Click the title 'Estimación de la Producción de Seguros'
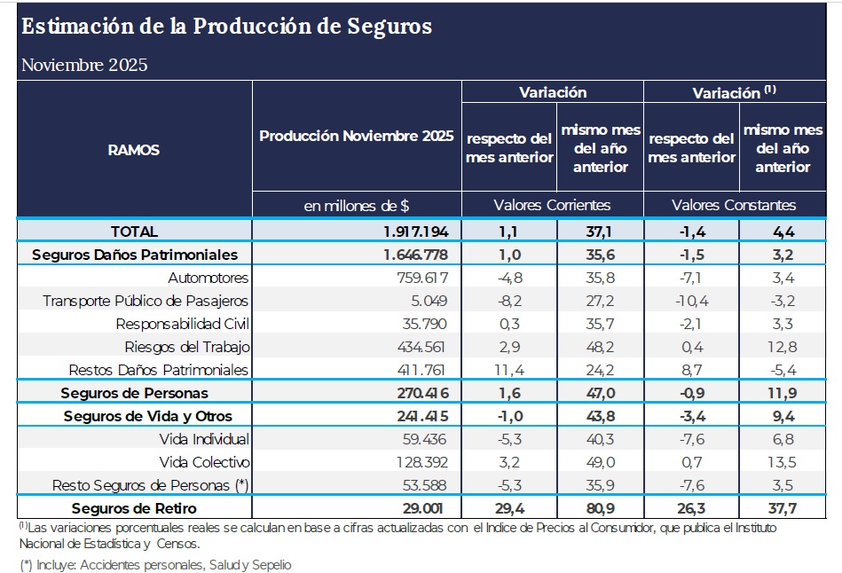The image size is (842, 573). tap(226, 27)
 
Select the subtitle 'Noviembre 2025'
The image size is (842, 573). tap(84, 65)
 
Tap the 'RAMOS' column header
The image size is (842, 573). tap(134, 150)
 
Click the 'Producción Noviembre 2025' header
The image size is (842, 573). tap(357, 137)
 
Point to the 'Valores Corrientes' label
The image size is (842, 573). tap(552, 205)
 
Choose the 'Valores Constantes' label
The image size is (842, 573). tap(734, 205)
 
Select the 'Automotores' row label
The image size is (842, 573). tap(209, 278)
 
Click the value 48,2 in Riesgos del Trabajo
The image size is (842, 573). tap(600, 347)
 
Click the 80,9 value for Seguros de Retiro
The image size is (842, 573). tap(600, 508)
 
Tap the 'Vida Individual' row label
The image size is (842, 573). tap(204, 439)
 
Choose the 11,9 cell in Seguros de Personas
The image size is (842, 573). tap(784, 393)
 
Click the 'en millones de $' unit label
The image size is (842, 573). tap(357, 205)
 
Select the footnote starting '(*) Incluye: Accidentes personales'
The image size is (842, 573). tap(155, 564)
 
